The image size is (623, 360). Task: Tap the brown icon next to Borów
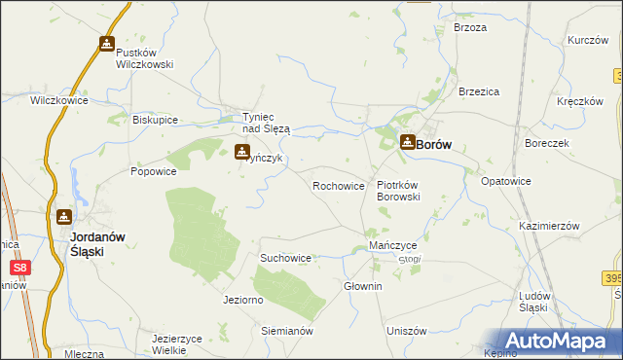pyautogui.click(x=408, y=142)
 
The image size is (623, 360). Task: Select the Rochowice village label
pyautogui.click(x=338, y=185)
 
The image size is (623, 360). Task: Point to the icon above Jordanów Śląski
pyautogui.click(x=64, y=217)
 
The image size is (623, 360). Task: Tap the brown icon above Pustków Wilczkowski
pyautogui.click(x=106, y=44)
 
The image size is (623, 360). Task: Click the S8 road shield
pyautogui.click(x=19, y=266)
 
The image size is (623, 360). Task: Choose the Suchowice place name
pyautogui.click(x=285, y=258)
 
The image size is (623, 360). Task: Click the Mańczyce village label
pyautogui.click(x=393, y=246)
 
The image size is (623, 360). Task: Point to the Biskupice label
pyautogui.click(x=155, y=120)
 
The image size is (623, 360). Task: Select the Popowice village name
pyautogui.click(x=154, y=170)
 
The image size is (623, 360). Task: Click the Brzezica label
pyautogui.click(x=479, y=90)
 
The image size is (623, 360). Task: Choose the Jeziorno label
pyautogui.click(x=243, y=300)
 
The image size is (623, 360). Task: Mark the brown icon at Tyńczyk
pyautogui.click(x=242, y=151)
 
